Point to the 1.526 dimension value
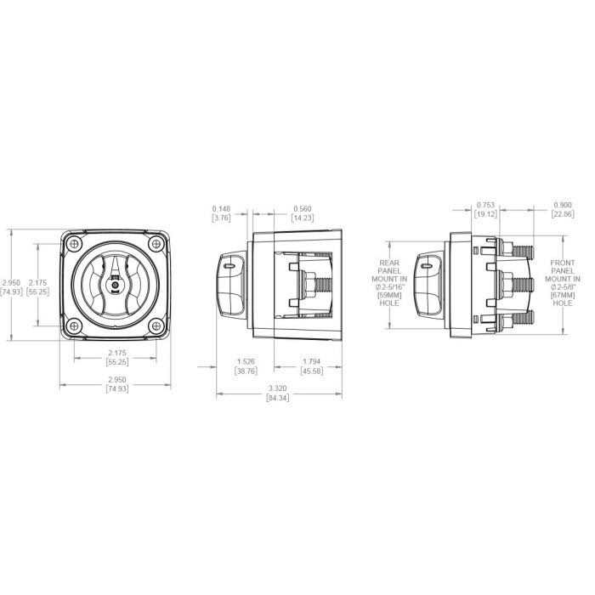point(246,362)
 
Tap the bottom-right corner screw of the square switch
point(154,325)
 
